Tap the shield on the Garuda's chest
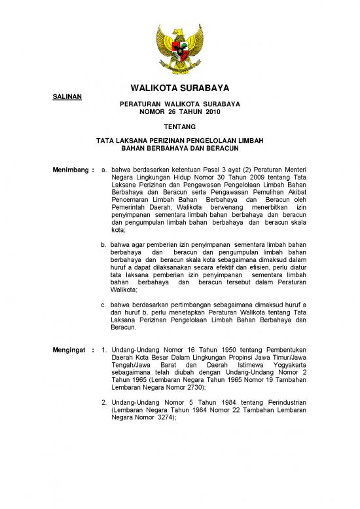[180, 50]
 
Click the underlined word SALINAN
[66, 97]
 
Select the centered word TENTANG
[179, 126]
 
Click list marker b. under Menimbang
[104, 244]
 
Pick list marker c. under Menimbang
[104, 305]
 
